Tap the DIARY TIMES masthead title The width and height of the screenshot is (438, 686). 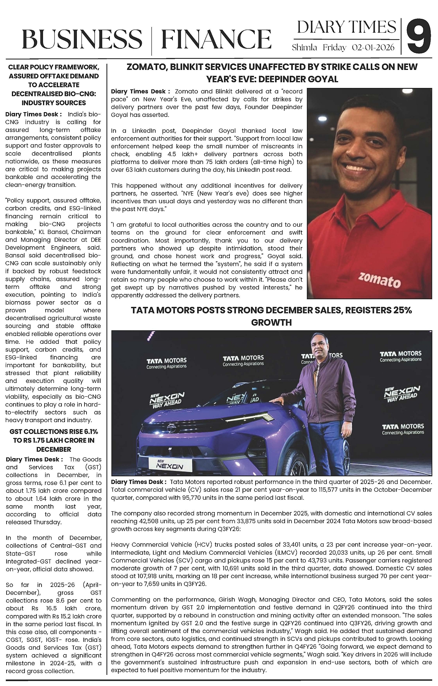click(x=346, y=27)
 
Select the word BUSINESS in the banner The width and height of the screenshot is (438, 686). click(x=82, y=40)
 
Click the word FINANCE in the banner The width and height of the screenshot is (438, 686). click(x=216, y=40)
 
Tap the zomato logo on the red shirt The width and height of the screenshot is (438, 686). click(x=379, y=280)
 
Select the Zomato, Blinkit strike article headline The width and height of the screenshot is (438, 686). click(x=272, y=73)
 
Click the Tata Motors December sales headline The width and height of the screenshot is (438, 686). click(x=271, y=316)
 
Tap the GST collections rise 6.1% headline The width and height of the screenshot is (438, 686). click(x=54, y=440)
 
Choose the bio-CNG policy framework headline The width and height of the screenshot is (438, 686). click(x=54, y=85)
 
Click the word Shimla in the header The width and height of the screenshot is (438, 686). click(x=304, y=48)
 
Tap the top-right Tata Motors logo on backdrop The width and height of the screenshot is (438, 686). click(x=400, y=356)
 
